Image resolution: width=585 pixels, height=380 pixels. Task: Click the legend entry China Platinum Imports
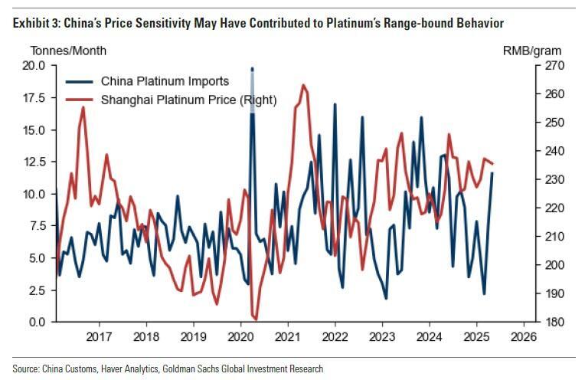pyautogui.click(x=165, y=82)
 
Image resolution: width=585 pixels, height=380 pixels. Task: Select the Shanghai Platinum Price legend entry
pyautogui.click(x=188, y=100)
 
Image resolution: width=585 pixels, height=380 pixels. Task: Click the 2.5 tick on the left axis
pyautogui.click(x=36, y=290)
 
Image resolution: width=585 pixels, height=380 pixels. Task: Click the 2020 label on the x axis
pyautogui.click(x=240, y=336)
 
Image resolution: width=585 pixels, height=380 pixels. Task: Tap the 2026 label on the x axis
pyautogui.click(x=523, y=336)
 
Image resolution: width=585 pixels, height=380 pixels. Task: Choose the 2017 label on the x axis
pyautogui.click(x=100, y=336)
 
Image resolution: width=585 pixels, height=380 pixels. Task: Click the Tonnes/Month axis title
pyautogui.click(x=68, y=51)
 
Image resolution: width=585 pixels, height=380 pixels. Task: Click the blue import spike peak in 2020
pyautogui.click(x=252, y=70)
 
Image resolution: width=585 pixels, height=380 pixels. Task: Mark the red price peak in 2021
pyautogui.click(x=304, y=85)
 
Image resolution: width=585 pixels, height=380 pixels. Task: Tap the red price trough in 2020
pyautogui.click(x=255, y=318)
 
